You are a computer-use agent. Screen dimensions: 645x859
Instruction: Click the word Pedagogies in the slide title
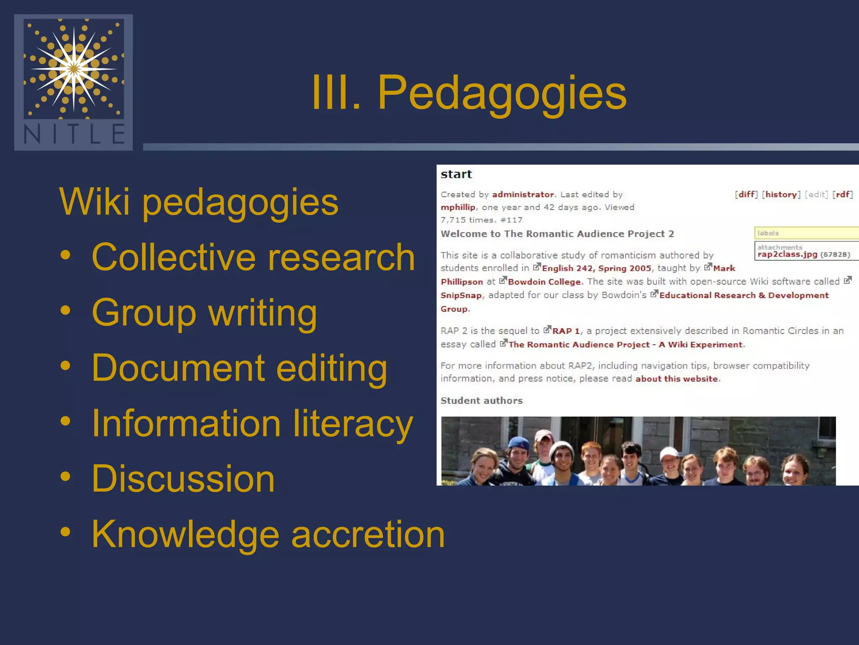click(x=502, y=93)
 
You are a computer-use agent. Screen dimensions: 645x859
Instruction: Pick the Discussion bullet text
click(x=183, y=479)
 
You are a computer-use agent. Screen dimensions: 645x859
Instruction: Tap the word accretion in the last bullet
click(x=368, y=534)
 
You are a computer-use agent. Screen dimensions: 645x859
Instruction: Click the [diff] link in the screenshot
click(x=746, y=194)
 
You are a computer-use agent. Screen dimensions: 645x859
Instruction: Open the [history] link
click(x=781, y=194)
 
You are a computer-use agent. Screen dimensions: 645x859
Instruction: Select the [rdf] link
click(x=843, y=194)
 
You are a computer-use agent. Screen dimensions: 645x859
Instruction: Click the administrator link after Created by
click(x=523, y=194)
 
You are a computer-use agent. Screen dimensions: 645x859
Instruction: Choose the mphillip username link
click(x=458, y=207)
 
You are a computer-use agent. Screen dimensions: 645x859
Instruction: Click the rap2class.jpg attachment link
click(x=787, y=254)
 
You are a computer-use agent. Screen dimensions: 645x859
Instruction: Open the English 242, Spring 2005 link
click(x=596, y=268)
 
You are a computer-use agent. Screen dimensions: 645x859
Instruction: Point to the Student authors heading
click(x=482, y=401)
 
